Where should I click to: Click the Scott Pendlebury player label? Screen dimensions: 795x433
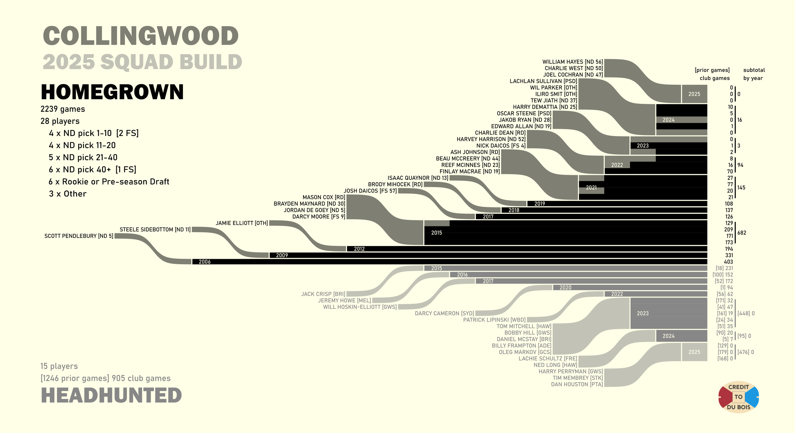79,236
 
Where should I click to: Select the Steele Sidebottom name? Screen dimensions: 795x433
155,230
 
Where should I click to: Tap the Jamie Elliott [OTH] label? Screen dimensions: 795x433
242,223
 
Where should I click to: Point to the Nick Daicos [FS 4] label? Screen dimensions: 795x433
501,146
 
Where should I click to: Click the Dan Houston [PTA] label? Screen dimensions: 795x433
577,384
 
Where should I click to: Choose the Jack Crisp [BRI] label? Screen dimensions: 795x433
323,294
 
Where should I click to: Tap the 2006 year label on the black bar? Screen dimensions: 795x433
204,262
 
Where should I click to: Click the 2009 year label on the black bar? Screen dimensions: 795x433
282,255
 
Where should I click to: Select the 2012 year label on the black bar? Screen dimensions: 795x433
359,249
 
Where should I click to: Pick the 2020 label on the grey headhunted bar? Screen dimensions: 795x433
565,287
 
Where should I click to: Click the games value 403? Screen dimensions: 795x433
728,262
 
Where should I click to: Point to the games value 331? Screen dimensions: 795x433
729,255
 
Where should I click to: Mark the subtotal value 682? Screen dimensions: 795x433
742,233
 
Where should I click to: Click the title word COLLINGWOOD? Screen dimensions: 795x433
141,36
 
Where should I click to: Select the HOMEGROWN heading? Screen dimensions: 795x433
112,92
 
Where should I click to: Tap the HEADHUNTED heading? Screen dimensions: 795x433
111,395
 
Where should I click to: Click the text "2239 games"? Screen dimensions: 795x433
63,109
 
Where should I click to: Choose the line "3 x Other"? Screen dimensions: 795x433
67,194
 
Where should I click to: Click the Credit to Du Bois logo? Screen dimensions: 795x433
738,397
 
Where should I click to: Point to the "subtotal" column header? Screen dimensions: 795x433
754,70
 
